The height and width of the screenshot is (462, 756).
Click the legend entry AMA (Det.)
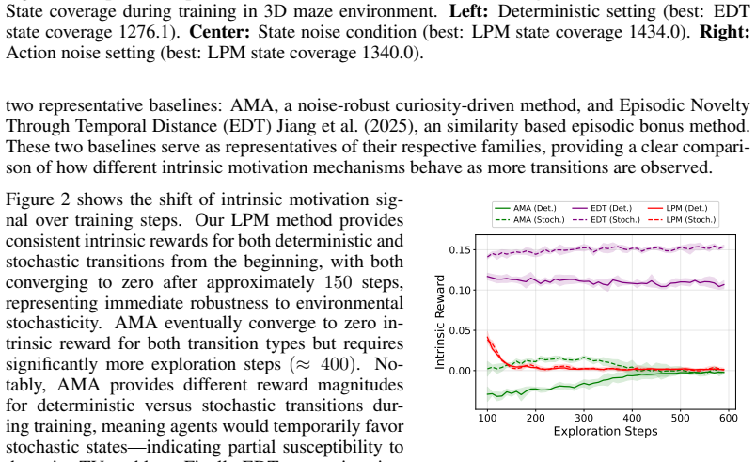tap(526, 208)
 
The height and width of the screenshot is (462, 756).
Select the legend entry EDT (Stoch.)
tap(606, 220)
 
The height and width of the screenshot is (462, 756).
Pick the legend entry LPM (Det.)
tap(678, 208)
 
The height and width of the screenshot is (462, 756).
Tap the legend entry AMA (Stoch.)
tap(530, 220)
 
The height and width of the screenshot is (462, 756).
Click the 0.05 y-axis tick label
tap(459, 330)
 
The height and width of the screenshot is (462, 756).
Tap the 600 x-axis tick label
tap(729, 418)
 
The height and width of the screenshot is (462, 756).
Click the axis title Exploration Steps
tap(606, 431)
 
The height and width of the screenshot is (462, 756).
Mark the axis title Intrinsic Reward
tap(440, 322)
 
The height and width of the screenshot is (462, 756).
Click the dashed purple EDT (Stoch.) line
tap(606, 248)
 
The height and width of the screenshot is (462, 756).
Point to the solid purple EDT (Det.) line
tap(606, 281)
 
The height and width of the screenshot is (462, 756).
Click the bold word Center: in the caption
tap(220, 32)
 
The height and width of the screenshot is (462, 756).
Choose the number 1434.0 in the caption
tap(655, 32)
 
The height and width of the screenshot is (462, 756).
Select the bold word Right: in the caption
tap(725, 32)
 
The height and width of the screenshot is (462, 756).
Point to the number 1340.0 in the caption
tap(388, 53)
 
